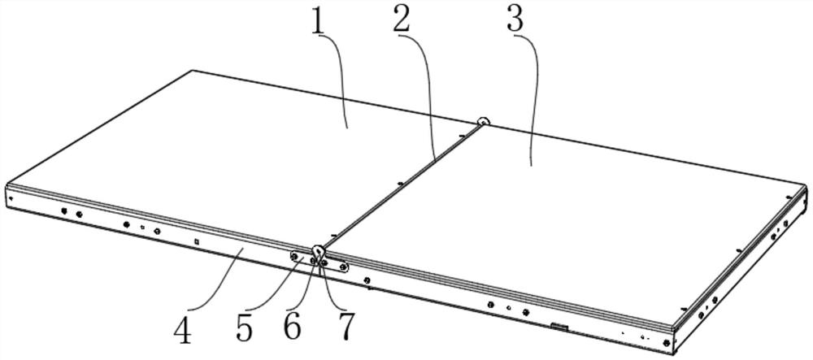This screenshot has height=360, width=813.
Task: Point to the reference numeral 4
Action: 185,331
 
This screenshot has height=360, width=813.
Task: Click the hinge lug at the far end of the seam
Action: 483,123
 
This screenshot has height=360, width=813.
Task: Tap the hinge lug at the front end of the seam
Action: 317,251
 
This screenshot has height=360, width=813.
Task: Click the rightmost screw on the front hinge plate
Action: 343,267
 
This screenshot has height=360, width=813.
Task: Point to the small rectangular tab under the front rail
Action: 558,327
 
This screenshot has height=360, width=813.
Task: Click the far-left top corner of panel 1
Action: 192,71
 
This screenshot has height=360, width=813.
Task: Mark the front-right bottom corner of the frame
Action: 674,351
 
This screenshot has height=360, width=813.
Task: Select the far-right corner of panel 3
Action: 807,185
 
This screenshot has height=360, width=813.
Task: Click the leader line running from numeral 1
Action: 337,81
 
